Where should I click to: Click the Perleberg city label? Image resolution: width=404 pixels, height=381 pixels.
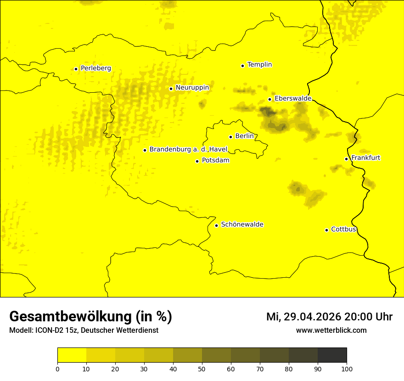click(95, 68)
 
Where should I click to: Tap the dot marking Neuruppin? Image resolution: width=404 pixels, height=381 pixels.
click(171, 89)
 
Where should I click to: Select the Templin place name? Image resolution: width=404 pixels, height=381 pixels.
click(259, 65)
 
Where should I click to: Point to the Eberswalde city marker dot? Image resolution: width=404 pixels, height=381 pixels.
click(270, 99)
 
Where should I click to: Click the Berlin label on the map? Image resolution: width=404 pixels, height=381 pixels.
click(244, 136)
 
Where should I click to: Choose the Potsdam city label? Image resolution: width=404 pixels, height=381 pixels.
click(215, 161)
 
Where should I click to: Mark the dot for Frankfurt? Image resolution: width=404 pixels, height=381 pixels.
click(346, 159)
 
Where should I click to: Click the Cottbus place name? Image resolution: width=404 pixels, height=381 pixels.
click(343, 230)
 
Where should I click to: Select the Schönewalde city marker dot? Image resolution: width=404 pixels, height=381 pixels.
click(216, 225)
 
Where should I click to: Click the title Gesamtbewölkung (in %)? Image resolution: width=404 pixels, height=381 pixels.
click(90, 317)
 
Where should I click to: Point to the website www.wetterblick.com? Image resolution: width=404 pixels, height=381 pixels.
click(331, 331)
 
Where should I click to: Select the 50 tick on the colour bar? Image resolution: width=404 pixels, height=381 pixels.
click(202, 369)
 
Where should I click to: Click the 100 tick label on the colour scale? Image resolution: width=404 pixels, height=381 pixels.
click(347, 369)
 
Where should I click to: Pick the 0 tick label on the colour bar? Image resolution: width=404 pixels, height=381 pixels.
click(57, 369)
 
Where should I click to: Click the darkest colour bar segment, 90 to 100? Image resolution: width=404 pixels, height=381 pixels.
click(332, 355)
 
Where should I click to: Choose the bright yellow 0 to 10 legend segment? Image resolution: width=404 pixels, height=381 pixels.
click(72, 355)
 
